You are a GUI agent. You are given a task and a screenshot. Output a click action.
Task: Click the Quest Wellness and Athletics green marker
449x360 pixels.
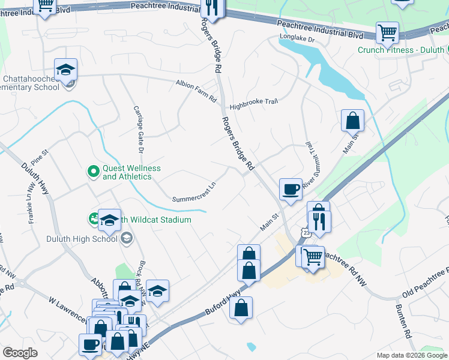[x=93, y=172]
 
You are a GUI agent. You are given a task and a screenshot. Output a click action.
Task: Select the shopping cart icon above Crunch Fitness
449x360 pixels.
[x=387, y=32]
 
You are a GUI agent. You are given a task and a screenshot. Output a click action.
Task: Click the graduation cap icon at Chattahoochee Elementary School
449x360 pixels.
[x=66, y=70]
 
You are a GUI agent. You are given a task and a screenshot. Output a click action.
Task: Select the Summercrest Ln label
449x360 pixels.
[x=193, y=190]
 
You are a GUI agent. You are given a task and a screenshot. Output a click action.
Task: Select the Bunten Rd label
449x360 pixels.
[x=402, y=324]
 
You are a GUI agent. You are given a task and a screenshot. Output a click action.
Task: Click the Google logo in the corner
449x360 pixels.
[x=20, y=353]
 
